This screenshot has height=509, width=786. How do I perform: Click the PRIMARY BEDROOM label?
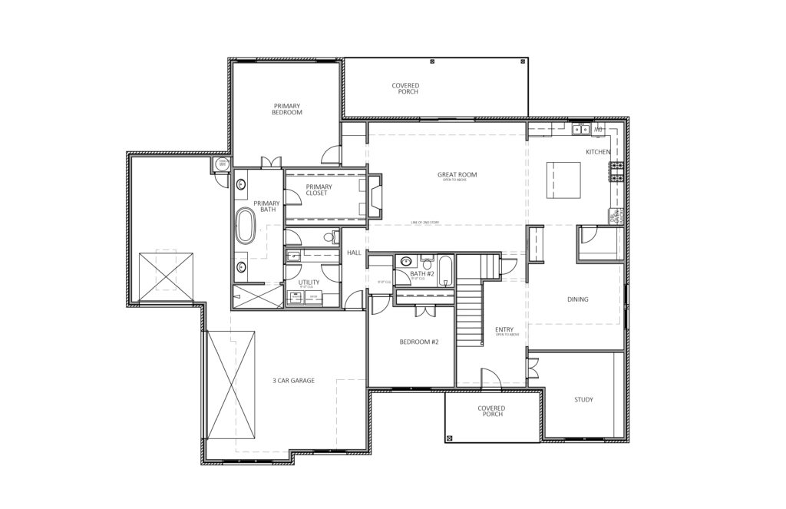(x=287, y=109)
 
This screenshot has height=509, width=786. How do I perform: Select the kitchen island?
(x=563, y=178)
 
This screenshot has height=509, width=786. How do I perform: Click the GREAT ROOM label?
(x=457, y=175)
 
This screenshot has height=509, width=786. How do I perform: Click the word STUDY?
(x=583, y=400)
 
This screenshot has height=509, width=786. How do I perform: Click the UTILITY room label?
(x=309, y=283)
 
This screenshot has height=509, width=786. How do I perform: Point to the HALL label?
(x=354, y=253)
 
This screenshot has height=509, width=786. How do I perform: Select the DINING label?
(x=577, y=299)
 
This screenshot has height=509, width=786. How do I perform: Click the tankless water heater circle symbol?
(x=222, y=163)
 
